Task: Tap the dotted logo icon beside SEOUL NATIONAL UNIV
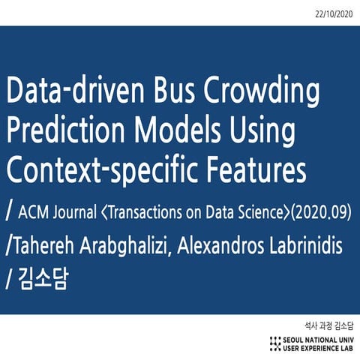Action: [275, 343]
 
